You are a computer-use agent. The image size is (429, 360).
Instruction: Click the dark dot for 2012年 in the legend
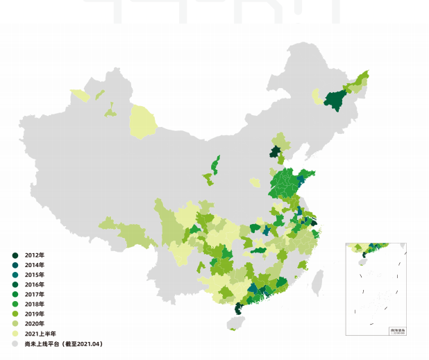tap(15, 255)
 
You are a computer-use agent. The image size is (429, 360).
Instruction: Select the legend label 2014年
tap(34, 265)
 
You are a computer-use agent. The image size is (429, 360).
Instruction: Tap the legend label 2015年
tap(34, 275)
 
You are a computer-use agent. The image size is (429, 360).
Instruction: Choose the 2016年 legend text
tap(34, 284)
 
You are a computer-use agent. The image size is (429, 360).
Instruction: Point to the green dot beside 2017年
tap(15, 294)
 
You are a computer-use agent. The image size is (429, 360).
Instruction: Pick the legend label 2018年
tap(34, 304)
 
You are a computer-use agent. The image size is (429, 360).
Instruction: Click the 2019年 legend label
tap(34, 314)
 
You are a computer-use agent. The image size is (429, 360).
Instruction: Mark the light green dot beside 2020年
tap(15, 323)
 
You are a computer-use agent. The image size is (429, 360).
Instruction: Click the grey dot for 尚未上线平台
tap(15, 343)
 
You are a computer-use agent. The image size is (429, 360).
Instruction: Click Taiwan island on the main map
tap(318, 281)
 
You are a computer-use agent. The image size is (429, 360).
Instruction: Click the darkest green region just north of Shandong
tap(276, 153)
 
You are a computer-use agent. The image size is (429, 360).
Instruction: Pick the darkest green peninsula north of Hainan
tap(239, 309)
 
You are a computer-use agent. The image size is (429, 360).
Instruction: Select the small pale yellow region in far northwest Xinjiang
tap(81, 96)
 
